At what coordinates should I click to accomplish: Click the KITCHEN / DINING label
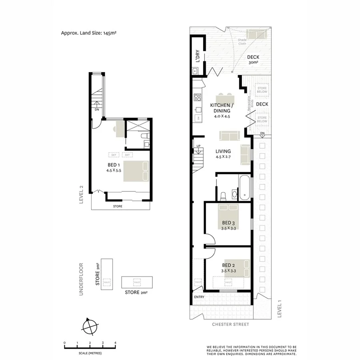pyautogui.click(x=222, y=108)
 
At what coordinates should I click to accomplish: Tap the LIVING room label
pyautogui.click(x=223, y=154)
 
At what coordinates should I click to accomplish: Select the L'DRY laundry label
pyautogui.click(x=197, y=56)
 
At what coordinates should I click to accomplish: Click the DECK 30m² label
pyautogui.click(x=253, y=60)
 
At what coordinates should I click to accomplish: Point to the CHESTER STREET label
pyautogui.click(x=231, y=324)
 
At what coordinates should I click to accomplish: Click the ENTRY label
pyautogui.click(x=199, y=297)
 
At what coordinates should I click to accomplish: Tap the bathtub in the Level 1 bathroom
pyautogui.click(x=245, y=186)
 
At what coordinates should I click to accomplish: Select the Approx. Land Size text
pyautogui.click(x=88, y=33)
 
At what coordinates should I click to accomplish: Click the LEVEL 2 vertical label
pyautogui.click(x=81, y=194)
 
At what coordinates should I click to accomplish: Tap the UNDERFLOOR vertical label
pyautogui.click(x=81, y=279)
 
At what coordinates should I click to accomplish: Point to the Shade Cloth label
pyautogui.click(x=242, y=42)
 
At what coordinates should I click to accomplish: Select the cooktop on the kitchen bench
pyautogui.click(x=197, y=97)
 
